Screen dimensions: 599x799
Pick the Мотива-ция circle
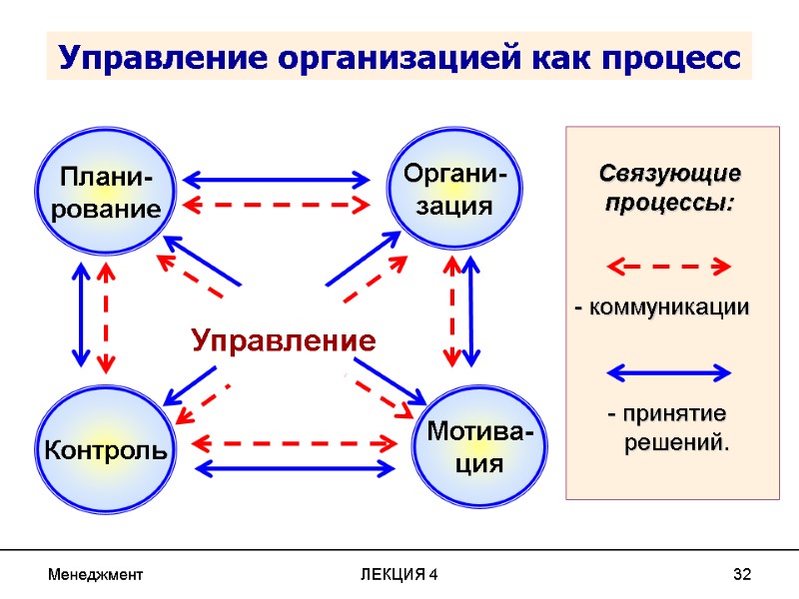tap(479, 448)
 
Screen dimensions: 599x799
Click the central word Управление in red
tap(284, 341)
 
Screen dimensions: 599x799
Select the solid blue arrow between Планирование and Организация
tap(277, 181)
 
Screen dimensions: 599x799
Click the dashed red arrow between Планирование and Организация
tap(277, 206)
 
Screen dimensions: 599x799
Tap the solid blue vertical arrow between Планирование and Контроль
tap(79, 315)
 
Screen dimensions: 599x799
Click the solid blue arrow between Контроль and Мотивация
tap(296, 467)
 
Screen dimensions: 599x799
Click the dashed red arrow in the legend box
tap(669, 267)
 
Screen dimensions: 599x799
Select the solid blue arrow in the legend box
tap(669, 372)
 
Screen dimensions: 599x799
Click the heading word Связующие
tap(670, 174)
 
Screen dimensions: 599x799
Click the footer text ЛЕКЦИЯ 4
tap(399, 574)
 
